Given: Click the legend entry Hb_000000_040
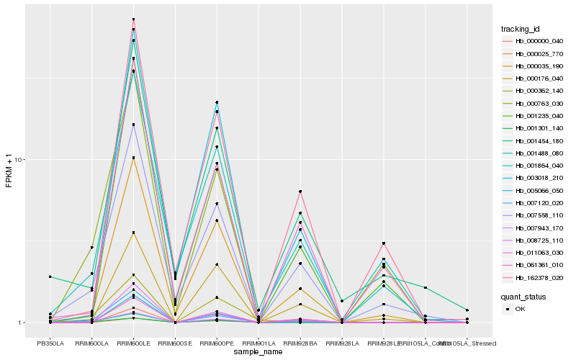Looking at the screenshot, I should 534,42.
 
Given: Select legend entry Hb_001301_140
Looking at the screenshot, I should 534,128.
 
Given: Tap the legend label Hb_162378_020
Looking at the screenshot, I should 534,278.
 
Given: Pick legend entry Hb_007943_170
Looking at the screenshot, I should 534,229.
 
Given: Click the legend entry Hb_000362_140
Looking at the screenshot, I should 534,91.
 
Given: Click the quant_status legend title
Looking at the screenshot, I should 523,296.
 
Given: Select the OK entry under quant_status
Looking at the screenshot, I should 519,309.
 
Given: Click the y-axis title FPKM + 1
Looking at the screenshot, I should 9,171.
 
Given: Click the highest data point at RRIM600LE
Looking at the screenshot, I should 134,19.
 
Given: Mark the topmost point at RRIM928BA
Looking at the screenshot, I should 300,192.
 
